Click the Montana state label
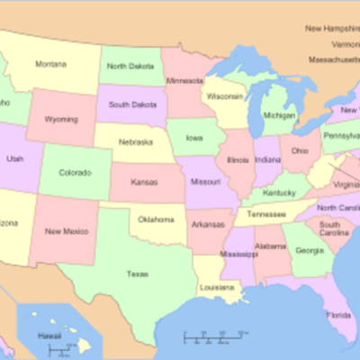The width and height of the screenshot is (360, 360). point(50,64)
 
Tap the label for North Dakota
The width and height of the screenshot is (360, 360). point(130,66)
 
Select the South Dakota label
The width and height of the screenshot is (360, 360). point(131,103)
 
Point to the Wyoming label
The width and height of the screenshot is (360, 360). point(61,119)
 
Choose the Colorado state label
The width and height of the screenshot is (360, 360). point(75,172)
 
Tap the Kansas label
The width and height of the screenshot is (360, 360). point(145,183)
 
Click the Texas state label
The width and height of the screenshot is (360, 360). point(138,273)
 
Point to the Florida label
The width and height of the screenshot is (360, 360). point(339,315)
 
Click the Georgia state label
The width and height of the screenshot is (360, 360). point(310,249)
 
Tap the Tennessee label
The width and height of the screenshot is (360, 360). point(267,215)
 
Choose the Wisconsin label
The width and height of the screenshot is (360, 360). point(224,95)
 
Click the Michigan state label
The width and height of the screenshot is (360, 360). point(280,116)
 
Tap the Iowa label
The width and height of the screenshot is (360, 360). point(193,139)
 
